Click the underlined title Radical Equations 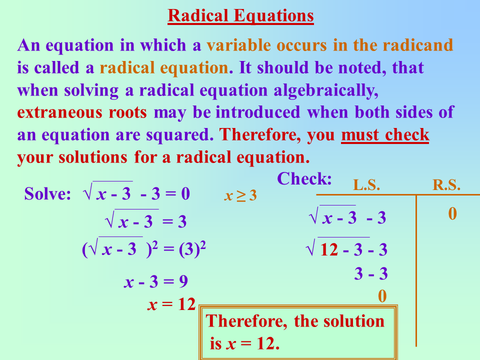point(240,16)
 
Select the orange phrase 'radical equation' point(164,67)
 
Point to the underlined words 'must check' point(385,134)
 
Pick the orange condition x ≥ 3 point(240,195)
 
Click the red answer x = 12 point(171,304)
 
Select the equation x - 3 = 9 point(156,282)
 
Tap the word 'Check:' point(304,179)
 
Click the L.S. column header point(366,185)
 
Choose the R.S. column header point(446,185)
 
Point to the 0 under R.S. point(452,214)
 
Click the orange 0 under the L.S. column point(382,296)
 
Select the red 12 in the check point(329,249)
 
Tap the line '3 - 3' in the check point(371,274)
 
